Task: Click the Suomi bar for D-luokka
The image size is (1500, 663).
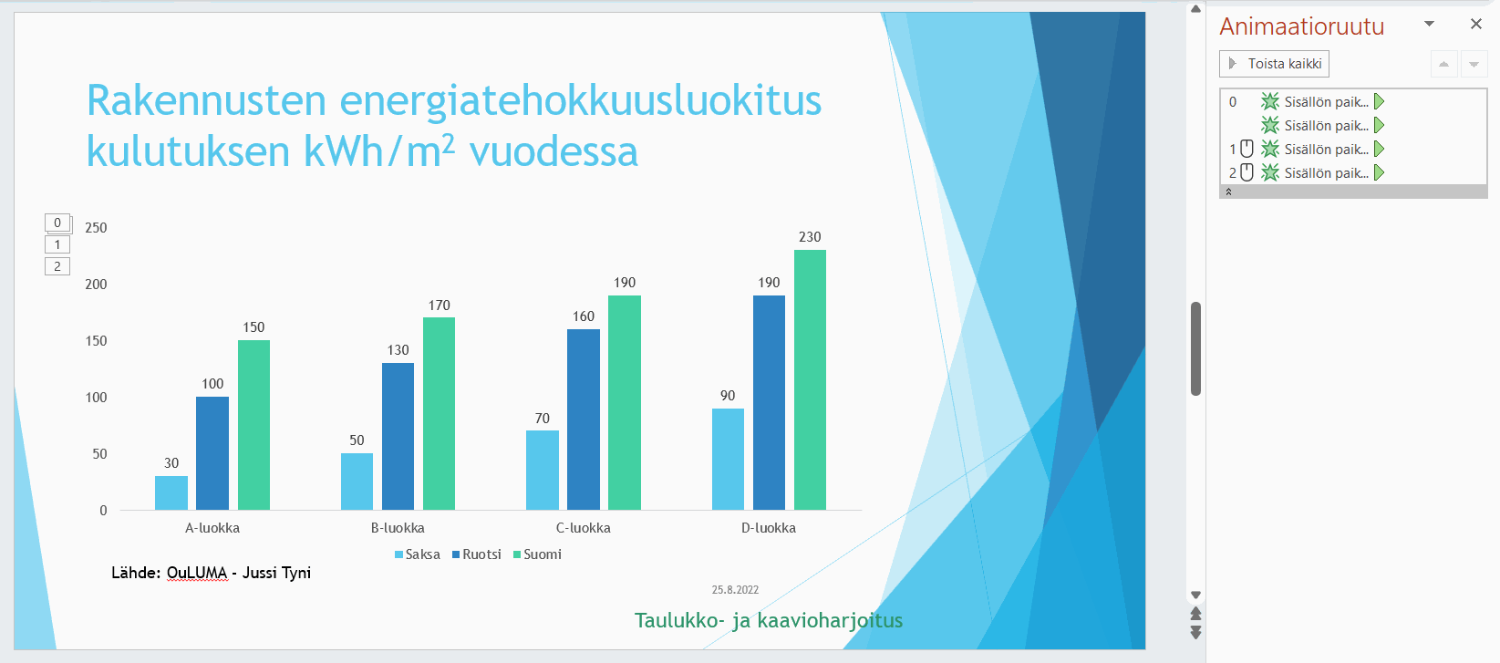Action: pyautogui.click(x=810, y=379)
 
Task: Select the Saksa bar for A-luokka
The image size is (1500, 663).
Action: pyautogui.click(x=171, y=492)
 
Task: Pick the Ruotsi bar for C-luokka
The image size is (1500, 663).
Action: pyautogui.click(x=584, y=420)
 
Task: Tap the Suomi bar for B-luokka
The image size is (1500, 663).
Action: pyautogui.click(x=439, y=414)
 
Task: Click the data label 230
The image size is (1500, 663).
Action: pyautogui.click(x=810, y=237)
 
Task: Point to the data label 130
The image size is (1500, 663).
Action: pyautogui.click(x=398, y=350)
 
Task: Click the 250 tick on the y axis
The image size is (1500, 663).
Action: pyautogui.click(x=96, y=228)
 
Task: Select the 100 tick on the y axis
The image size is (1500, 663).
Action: pyautogui.click(x=96, y=398)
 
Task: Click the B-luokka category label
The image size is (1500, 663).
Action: pyautogui.click(x=398, y=528)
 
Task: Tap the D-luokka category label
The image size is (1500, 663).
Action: pyautogui.click(x=769, y=528)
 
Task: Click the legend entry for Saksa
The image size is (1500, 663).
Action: pyautogui.click(x=418, y=554)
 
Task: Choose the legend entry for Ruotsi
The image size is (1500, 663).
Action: pyautogui.click(x=477, y=554)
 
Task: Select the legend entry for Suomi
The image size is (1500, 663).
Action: pyautogui.click(x=537, y=554)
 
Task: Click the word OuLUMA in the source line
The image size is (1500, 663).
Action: pyautogui.click(x=197, y=573)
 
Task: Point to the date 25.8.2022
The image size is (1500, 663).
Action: pyautogui.click(x=735, y=590)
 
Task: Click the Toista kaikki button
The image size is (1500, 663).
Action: pyautogui.click(x=1275, y=64)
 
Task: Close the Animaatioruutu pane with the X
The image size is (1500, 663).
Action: pyautogui.click(x=1476, y=24)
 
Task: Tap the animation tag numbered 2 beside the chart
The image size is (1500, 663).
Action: pyautogui.click(x=57, y=266)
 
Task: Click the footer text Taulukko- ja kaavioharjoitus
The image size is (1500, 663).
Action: pyautogui.click(x=769, y=621)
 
